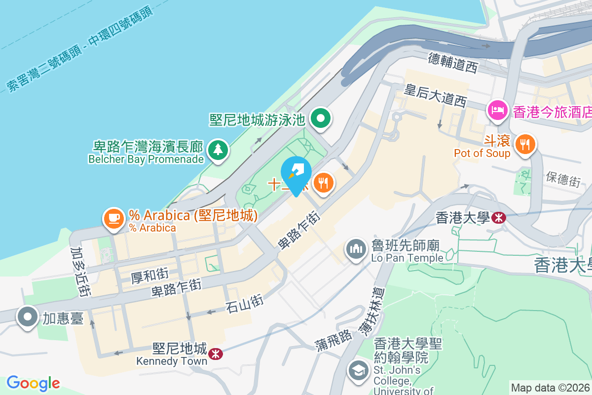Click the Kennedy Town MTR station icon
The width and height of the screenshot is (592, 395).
tap(215, 354)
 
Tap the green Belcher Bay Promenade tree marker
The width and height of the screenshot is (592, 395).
tap(218, 149)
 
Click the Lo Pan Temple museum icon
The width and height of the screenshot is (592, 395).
tap(355, 249)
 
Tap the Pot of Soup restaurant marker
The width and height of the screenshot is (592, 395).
tap(524, 144)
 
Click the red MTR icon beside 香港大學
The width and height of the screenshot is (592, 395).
tap(499, 217)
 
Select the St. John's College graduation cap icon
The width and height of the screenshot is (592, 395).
tap(357, 370)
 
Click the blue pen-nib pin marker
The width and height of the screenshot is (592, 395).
tap(296, 173)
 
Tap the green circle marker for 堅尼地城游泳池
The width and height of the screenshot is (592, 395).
tap(321, 118)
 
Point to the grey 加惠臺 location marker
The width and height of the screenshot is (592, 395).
tap(28, 316)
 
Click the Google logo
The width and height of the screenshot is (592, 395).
tap(33, 383)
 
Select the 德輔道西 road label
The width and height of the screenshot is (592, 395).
tap(453, 63)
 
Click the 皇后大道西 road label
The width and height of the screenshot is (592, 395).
tap(435, 96)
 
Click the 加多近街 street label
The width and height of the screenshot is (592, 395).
tap(80, 273)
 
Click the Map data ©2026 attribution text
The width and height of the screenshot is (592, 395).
tap(551, 388)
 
